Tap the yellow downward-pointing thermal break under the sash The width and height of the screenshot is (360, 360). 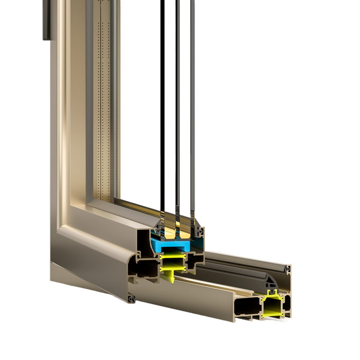pos(169,276)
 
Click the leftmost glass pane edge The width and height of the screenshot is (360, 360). pos(160,103)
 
